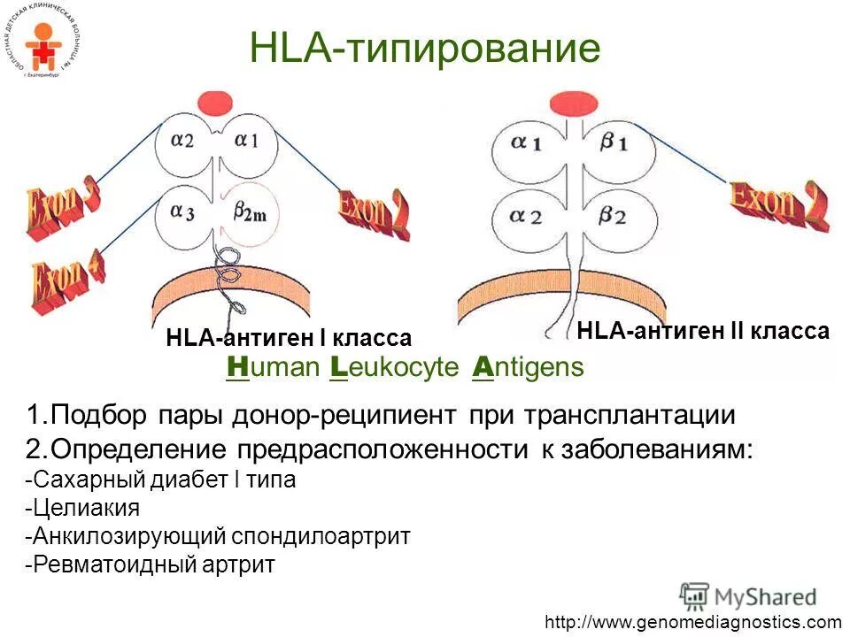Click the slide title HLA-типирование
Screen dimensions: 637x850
426,49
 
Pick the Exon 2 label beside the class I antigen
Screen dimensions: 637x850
374,211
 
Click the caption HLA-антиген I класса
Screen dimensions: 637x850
289,338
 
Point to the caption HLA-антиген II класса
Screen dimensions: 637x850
703,332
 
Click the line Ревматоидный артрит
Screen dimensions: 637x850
151,564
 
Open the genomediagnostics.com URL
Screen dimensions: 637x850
693,622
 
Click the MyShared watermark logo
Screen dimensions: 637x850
748,595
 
